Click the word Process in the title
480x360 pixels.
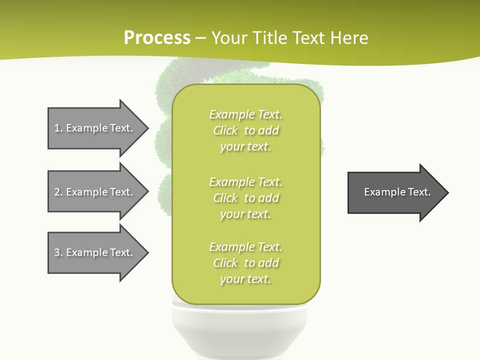tap(157, 38)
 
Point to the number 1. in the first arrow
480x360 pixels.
tap(58, 128)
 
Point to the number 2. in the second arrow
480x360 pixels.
tap(58, 192)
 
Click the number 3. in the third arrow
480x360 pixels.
tap(58, 252)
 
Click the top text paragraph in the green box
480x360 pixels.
tap(245, 130)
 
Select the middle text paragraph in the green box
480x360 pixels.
tap(245, 198)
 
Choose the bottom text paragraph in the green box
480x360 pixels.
tap(245, 263)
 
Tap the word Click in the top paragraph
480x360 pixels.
tap(225, 130)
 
